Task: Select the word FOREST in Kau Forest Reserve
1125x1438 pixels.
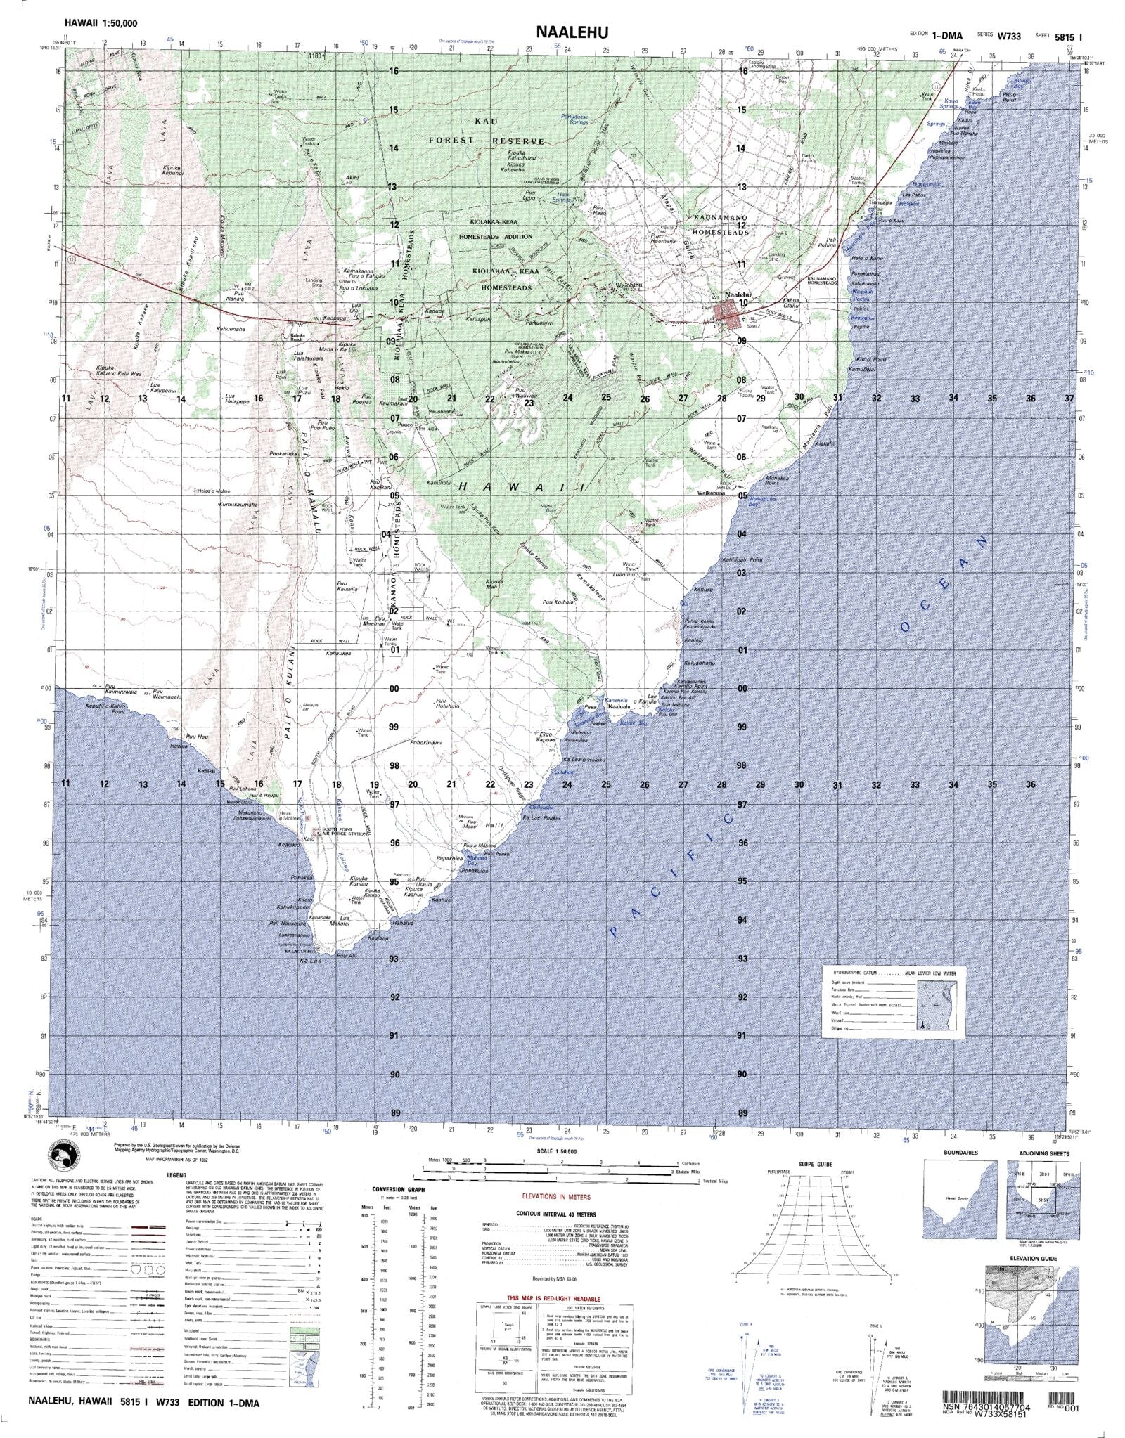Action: pos(452,141)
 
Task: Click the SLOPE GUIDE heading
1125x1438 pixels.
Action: pos(815,1165)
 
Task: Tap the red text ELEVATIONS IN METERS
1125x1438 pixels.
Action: pos(555,1196)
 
